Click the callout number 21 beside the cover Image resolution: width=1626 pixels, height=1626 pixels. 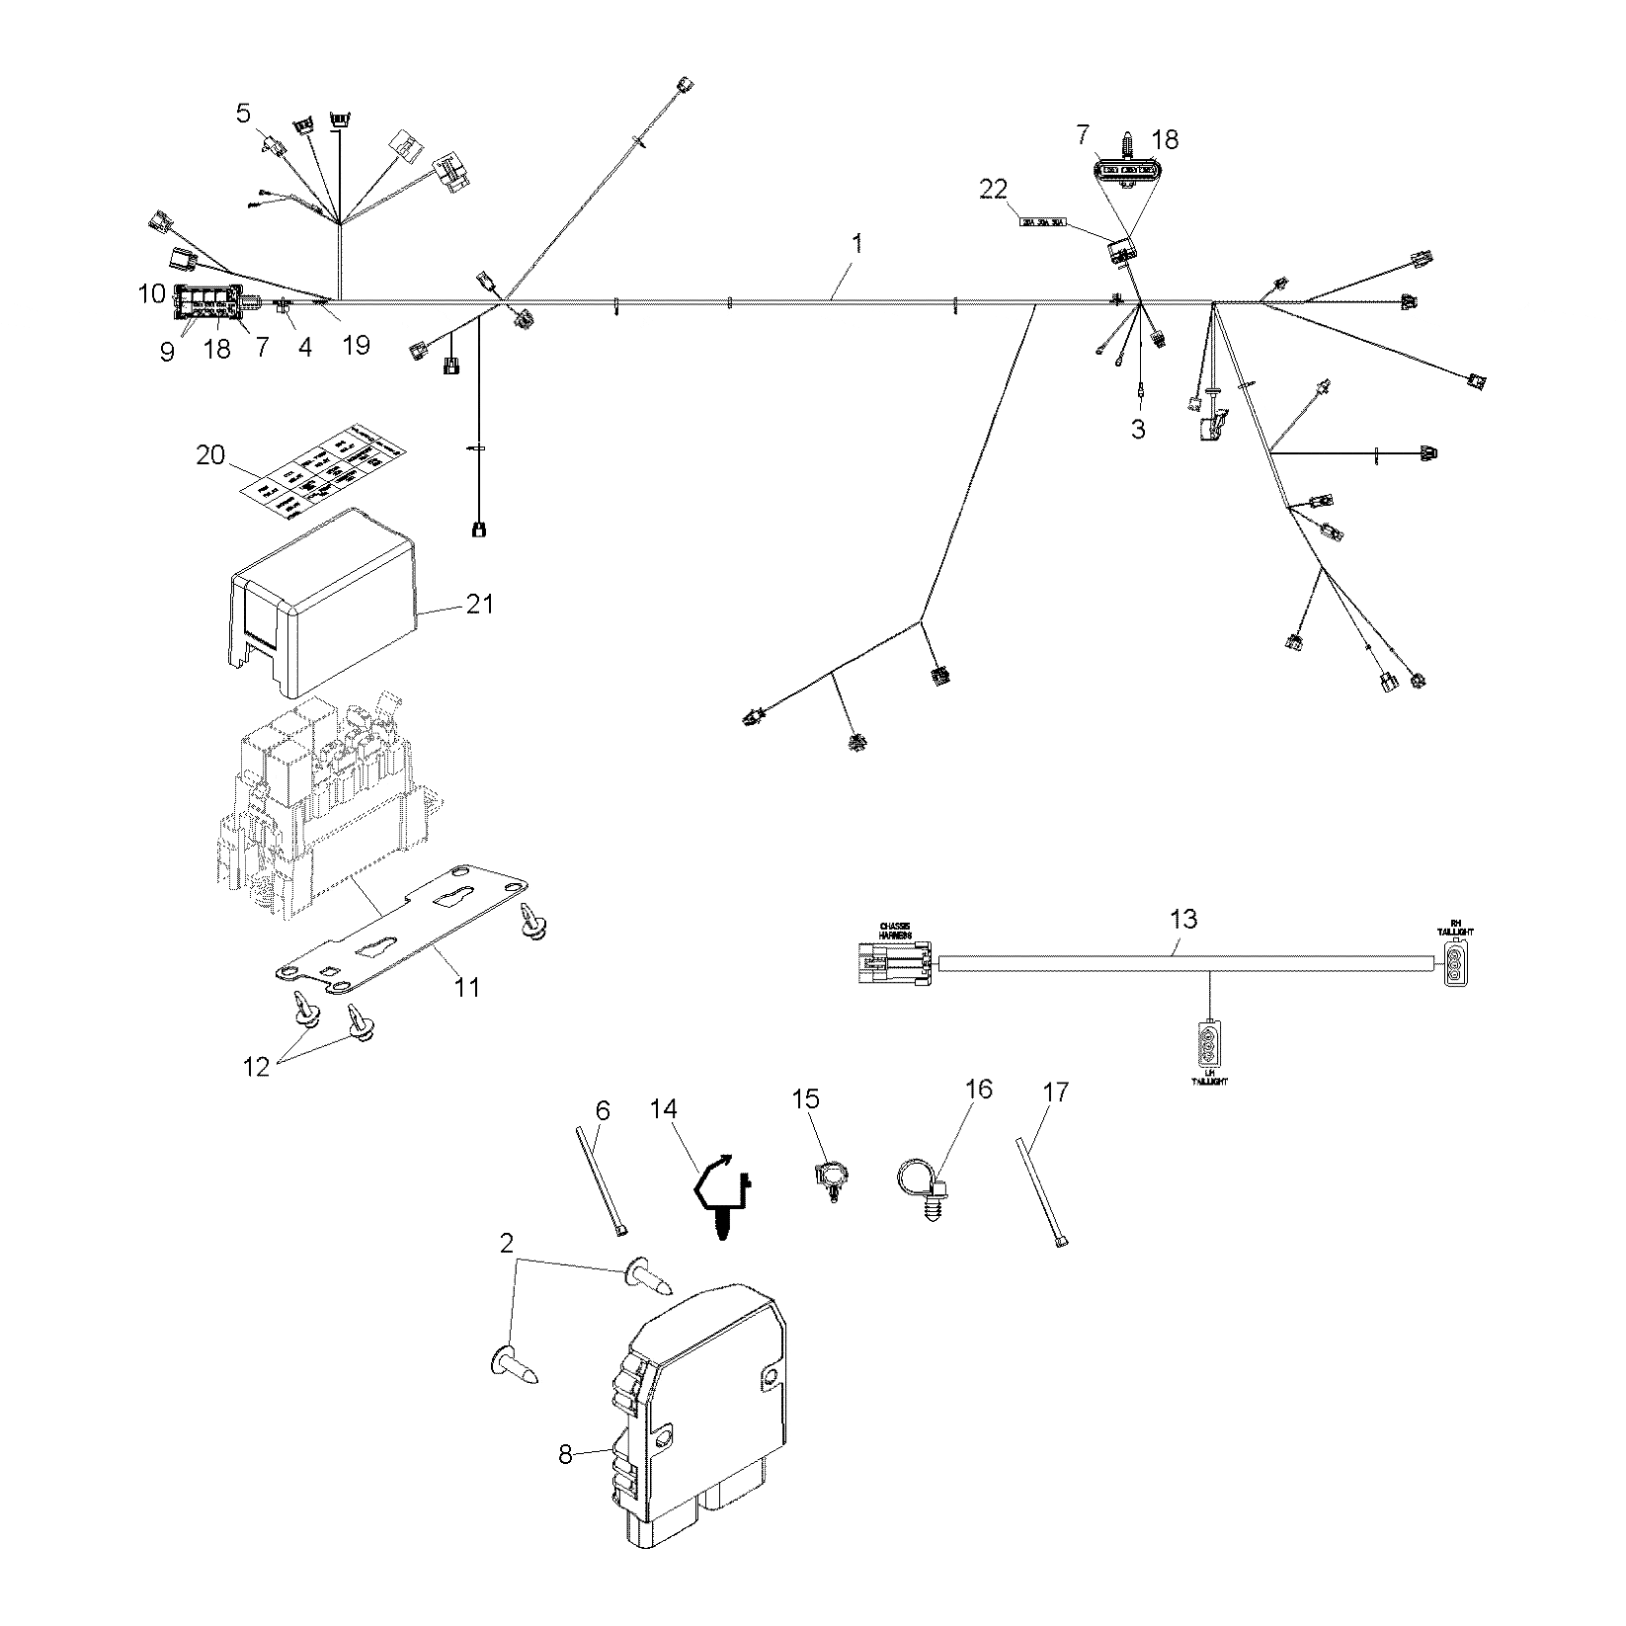coord(479,604)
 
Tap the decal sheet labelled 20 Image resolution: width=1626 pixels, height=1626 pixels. coord(326,468)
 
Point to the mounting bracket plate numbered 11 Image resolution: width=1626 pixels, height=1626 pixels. coord(395,934)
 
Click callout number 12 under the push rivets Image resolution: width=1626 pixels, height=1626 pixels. coord(257,1067)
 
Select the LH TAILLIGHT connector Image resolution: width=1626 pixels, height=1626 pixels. coord(1210,1045)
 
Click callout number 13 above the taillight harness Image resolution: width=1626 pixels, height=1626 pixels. coord(1182,919)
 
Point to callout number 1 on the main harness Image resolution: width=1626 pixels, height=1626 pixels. coord(857,243)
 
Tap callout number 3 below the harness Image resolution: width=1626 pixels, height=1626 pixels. coord(1138,429)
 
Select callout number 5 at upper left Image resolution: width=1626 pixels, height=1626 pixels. coord(243,112)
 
